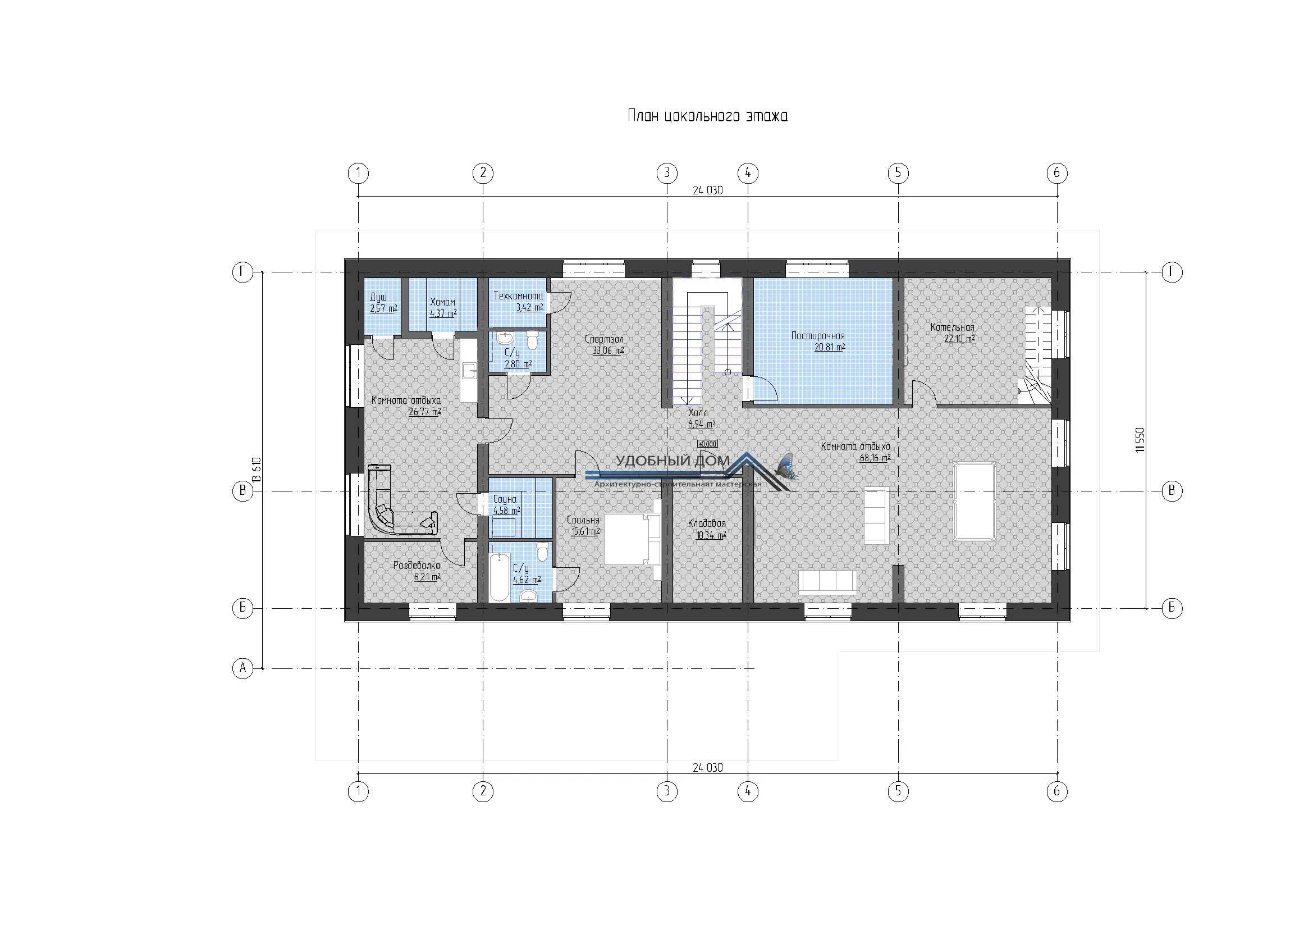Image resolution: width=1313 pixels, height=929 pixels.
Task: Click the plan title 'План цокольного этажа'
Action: [707, 116]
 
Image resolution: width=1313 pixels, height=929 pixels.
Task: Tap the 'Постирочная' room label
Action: [818, 336]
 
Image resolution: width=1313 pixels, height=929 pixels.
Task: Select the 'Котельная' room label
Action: [952, 328]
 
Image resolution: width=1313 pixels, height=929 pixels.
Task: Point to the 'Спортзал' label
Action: [604, 339]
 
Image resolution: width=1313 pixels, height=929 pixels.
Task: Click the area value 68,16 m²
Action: [875, 458]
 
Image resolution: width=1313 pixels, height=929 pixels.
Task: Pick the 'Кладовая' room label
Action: [707, 523]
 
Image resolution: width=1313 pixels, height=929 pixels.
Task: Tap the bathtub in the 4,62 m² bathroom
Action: [499, 577]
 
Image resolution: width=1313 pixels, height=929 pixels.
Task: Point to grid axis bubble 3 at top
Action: [666, 173]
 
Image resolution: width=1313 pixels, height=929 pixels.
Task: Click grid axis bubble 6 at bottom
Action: [1056, 791]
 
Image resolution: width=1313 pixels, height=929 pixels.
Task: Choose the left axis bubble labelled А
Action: [243, 668]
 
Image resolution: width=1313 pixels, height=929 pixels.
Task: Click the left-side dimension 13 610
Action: [257, 470]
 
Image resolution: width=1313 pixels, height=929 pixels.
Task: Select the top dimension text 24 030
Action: [707, 190]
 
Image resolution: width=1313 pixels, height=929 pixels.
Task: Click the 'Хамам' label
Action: [442, 303]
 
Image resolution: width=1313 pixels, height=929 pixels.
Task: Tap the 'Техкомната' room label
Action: [518, 297]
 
